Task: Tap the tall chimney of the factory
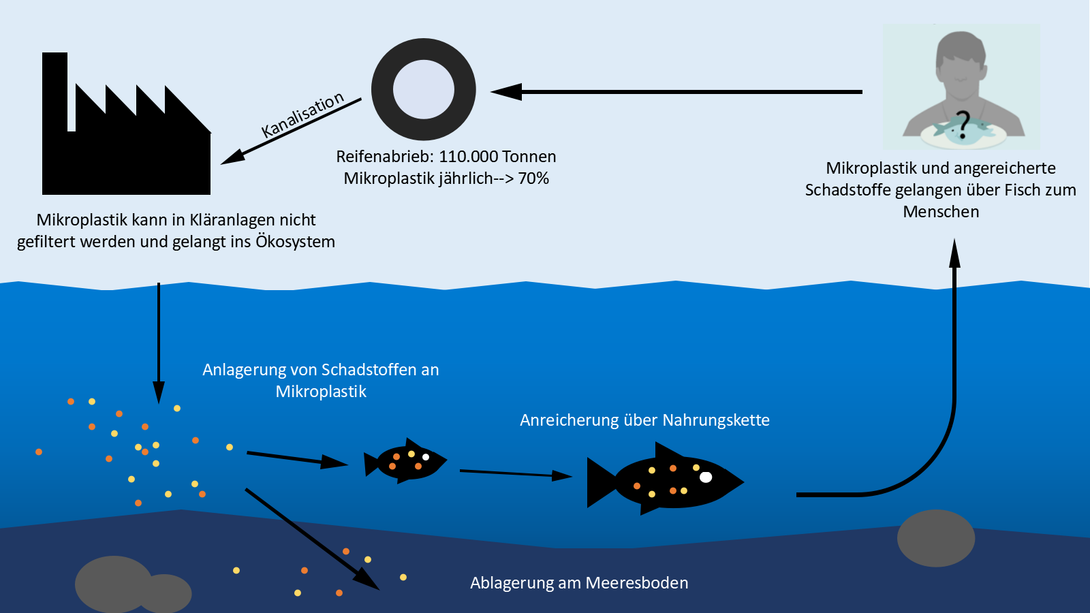coord(54,89)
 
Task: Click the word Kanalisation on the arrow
coord(303,114)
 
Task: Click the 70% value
coord(533,178)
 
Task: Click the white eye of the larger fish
coord(706,477)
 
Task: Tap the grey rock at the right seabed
coord(936,538)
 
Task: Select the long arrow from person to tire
coord(681,91)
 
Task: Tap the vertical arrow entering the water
coord(159,341)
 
